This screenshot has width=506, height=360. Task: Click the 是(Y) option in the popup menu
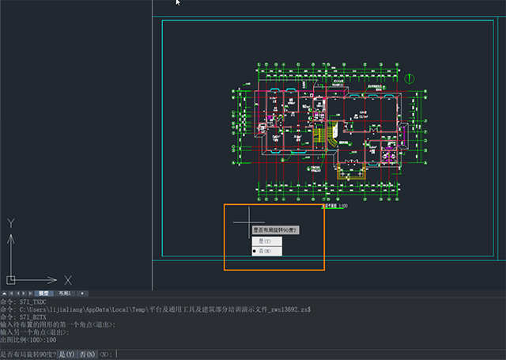click(266, 241)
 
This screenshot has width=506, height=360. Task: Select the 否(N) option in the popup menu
click(266, 251)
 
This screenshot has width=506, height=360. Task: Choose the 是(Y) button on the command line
click(67, 354)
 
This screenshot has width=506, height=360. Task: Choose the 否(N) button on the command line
click(87, 354)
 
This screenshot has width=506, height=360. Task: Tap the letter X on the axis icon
click(68, 280)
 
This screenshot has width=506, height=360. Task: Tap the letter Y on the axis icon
click(10, 224)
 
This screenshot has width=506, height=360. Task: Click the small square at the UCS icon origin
click(10, 279)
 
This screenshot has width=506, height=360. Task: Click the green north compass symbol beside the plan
click(410, 78)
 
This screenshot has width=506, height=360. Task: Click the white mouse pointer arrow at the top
click(179, 3)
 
